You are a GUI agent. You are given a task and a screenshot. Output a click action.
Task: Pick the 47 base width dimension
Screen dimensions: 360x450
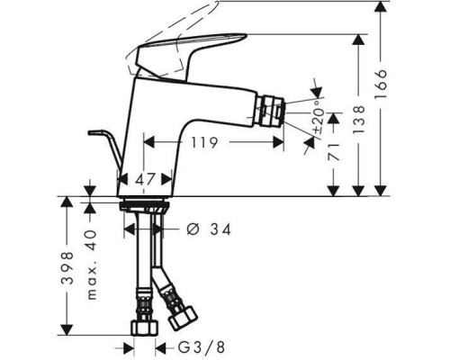click(145, 179)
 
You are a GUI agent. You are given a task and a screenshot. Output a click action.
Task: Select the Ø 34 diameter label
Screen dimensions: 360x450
click(208, 229)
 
